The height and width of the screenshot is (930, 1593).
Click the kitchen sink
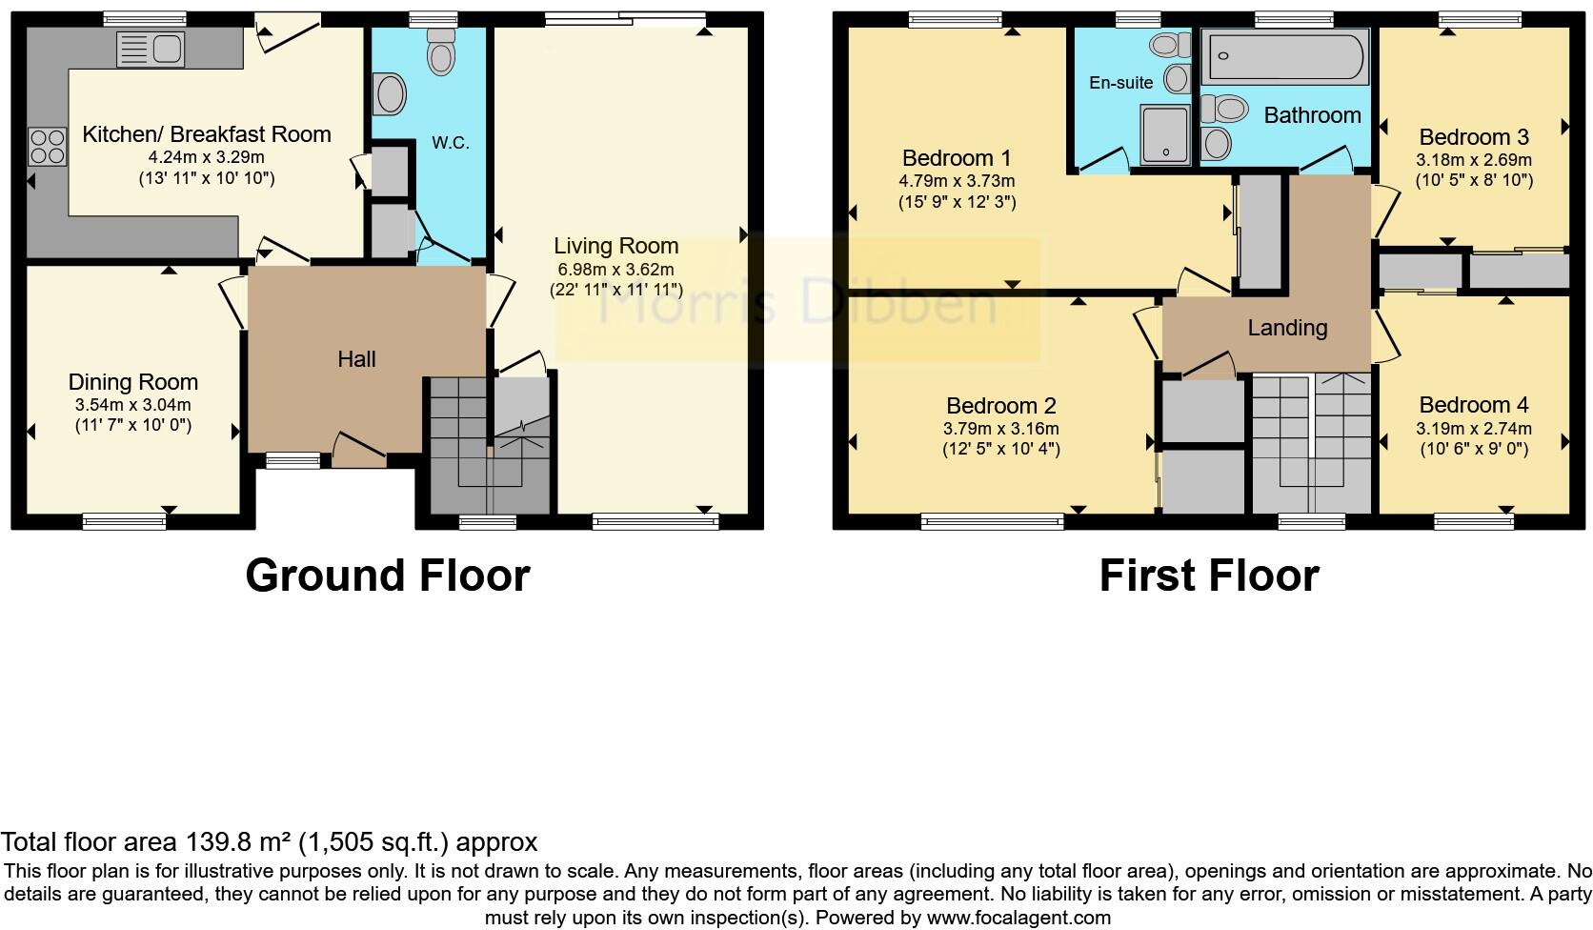151,49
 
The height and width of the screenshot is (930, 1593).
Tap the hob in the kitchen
48,147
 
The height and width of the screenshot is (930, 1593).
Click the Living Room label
616,246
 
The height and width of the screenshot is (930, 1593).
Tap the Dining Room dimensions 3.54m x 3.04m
133,404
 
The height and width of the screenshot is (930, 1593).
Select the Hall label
356,359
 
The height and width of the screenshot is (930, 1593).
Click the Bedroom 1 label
957,158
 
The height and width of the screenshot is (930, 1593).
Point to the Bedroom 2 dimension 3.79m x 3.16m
1000,429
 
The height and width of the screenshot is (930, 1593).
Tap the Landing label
1287,328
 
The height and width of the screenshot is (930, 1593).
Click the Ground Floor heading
387,576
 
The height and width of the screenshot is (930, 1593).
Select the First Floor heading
1208,576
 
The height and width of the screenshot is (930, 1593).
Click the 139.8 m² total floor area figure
238,842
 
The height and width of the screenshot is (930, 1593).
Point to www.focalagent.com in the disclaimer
1018,919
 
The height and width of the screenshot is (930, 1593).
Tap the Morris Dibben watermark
798,301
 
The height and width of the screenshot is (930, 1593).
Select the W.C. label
450,143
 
